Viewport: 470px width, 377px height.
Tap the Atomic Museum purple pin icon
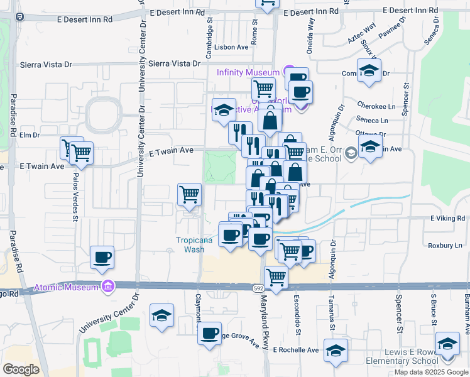(109, 287)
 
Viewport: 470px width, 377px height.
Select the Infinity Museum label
(248, 72)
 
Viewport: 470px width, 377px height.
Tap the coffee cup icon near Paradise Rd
(102, 258)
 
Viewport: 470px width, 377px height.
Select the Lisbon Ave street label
(232, 47)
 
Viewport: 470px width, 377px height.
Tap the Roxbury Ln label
(444, 245)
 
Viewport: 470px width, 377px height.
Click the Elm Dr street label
(30, 134)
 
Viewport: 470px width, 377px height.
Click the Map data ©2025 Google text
(430, 372)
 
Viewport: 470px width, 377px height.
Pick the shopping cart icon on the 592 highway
(276, 276)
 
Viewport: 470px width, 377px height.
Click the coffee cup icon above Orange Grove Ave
(210, 333)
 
